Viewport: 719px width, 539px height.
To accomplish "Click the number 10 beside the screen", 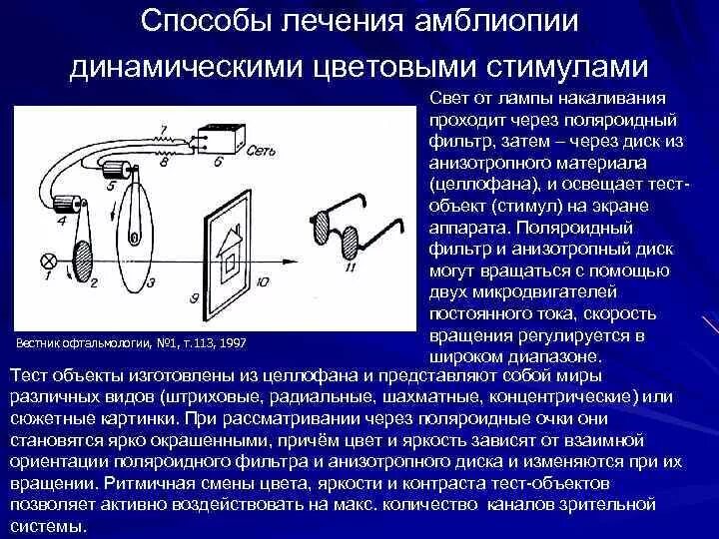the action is [x=262, y=282].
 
